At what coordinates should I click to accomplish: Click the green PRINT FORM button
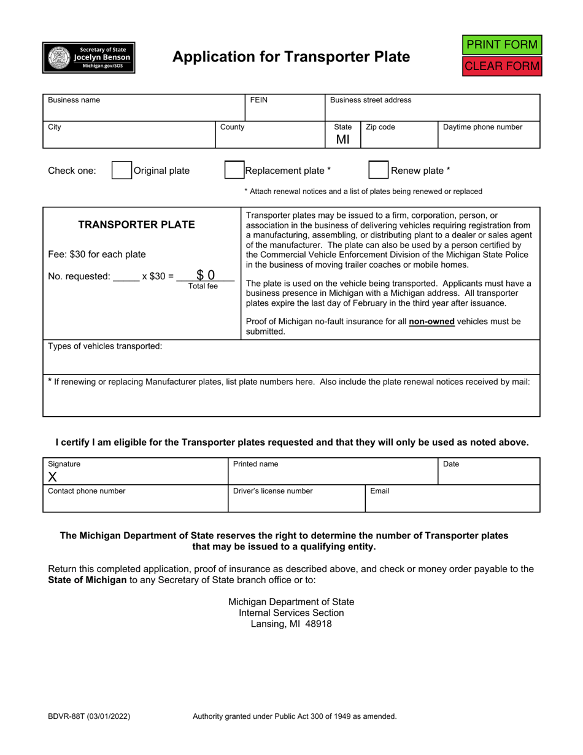tap(502, 45)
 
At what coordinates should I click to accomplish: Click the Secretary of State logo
tap(89, 58)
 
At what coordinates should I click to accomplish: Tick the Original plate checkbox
tap(122, 170)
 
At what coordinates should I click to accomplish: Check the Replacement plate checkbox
tap(234, 170)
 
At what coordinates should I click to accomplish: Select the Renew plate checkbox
tap(378, 170)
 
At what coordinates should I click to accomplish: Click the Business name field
tap(144, 111)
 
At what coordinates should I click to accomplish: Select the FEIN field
tap(285, 111)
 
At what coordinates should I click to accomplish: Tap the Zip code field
tap(399, 139)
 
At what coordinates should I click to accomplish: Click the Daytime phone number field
tap(488, 139)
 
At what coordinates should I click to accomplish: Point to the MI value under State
tap(342, 139)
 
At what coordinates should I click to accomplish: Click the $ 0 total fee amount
tap(206, 276)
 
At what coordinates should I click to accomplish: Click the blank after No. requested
tap(126, 276)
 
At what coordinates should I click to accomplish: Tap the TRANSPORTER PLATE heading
tap(136, 225)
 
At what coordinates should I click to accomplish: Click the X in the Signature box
tap(52, 477)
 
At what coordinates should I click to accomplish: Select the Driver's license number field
tap(296, 501)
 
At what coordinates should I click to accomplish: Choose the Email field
tap(452, 501)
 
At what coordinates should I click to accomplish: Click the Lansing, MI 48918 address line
tap(291, 624)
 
